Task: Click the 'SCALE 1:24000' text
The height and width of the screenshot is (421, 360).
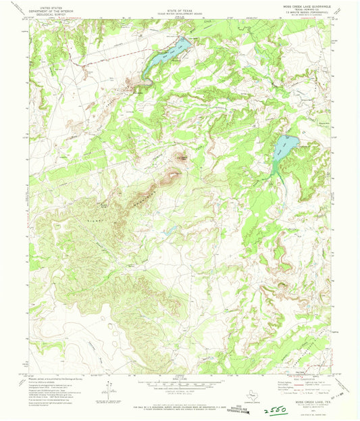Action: [x=180, y=376]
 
